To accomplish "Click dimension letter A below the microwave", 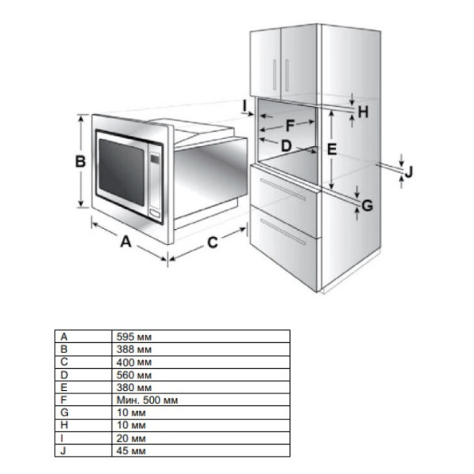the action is click(126, 242).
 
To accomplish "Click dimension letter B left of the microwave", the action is click(81, 161).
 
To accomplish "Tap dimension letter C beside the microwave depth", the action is click(213, 243).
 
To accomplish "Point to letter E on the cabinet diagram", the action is click(332, 149).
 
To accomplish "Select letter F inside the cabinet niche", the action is click(290, 126).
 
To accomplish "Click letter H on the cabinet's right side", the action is click(363, 112).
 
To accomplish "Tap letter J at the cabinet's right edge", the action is click(408, 172).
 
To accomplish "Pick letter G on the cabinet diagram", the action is click(367, 206).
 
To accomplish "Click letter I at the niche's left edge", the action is click(245, 106).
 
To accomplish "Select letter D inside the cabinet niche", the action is click(286, 146).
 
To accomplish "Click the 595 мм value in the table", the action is click(134, 337).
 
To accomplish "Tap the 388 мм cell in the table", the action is click(134, 349).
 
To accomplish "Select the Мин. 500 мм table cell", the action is click(147, 400).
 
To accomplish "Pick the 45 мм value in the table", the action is click(131, 451).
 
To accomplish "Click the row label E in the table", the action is click(64, 387).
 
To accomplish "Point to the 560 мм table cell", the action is click(134, 374).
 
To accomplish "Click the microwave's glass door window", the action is click(122, 171).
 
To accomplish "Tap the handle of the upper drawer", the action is click(283, 190).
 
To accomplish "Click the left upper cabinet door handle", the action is click(275, 75).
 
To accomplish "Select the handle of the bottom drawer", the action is click(283, 232).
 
